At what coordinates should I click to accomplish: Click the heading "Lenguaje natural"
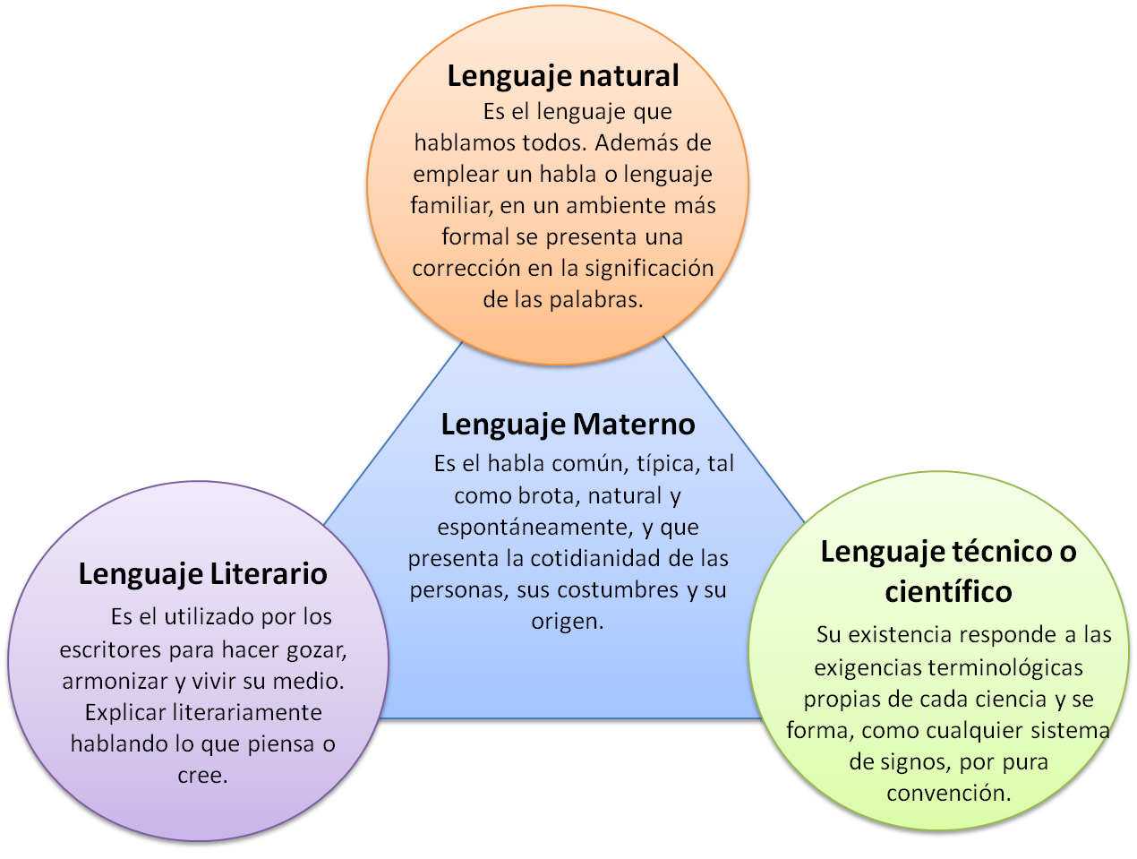click(x=562, y=76)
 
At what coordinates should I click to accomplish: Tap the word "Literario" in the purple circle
click(x=269, y=574)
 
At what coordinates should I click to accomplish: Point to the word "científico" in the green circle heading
click(x=948, y=592)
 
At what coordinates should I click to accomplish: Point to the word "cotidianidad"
click(x=606, y=559)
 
